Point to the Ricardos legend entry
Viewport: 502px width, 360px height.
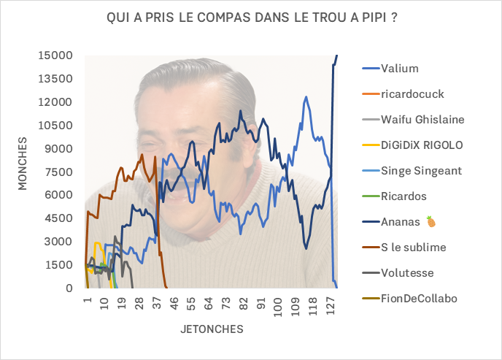(x=403, y=196)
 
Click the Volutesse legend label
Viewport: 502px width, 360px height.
(x=407, y=272)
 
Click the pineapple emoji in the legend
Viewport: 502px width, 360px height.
(x=431, y=221)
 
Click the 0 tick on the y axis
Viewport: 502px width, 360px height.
(x=69, y=288)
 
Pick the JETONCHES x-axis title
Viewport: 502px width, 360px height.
(x=212, y=329)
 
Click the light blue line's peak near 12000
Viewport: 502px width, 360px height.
(x=306, y=96)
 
